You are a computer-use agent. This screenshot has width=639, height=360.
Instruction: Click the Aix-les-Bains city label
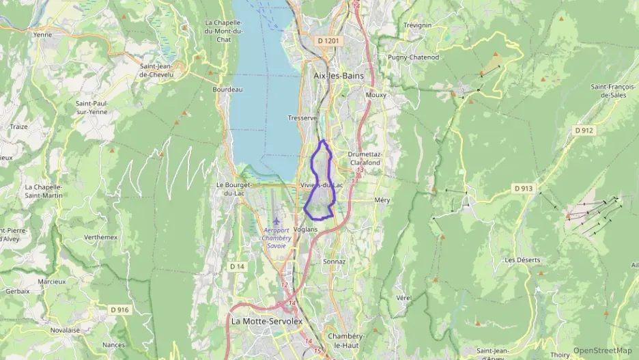pyautogui.click(x=338, y=76)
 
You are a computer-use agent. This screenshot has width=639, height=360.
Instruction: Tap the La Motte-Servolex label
pyautogui.click(x=266, y=320)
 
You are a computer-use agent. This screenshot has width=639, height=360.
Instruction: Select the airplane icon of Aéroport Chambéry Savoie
pyautogui.click(x=276, y=221)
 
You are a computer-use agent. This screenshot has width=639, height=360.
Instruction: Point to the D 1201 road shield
pyautogui.click(x=328, y=41)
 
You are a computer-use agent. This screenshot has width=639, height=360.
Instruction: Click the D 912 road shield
pyautogui.click(x=585, y=130)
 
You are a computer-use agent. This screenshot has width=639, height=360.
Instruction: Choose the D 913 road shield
pyautogui.click(x=524, y=189)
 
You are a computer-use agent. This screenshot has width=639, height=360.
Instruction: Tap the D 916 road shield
pyautogui.click(x=119, y=309)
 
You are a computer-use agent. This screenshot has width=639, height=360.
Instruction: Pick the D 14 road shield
pyautogui.click(x=237, y=266)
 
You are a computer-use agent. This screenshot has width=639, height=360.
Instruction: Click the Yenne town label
pyautogui.click(x=42, y=34)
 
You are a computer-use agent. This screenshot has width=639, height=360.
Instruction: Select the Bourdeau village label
pyautogui.click(x=227, y=89)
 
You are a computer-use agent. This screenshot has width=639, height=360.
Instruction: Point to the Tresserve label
pyautogui.click(x=302, y=117)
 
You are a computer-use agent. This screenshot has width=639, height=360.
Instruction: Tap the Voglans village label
pyautogui.click(x=305, y=230)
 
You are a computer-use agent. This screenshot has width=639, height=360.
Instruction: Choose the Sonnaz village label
pyautogui.click(x=335, y=261)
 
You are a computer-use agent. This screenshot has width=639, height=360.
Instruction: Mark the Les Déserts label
pyautogui.click(x=522, y=260)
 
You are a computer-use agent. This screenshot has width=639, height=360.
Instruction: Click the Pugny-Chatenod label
pyautogui.click(x=413, y=57)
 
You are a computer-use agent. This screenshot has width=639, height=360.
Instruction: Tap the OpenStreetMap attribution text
pyautogui.click(x=602, y=350)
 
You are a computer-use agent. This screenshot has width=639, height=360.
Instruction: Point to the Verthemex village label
pyautogui.click(x=100, y=237)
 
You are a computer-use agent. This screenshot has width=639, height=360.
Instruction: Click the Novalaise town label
pyautogui.click(x=65, y=330)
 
